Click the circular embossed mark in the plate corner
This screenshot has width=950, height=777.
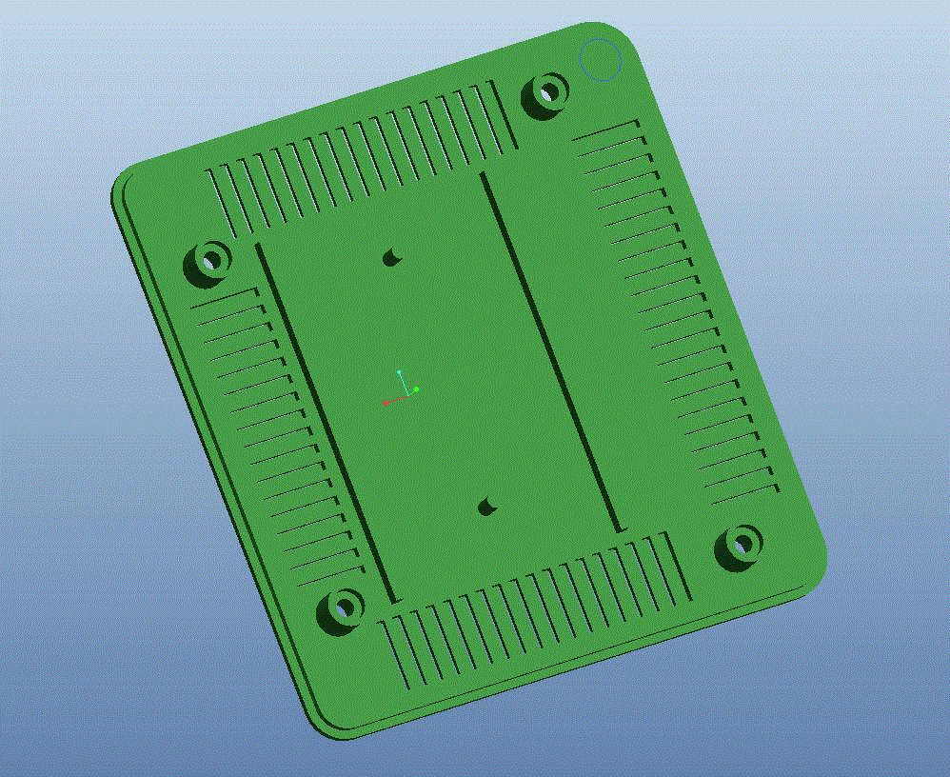tap(601, 60)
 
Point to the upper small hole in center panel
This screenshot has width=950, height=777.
tap(391, 256)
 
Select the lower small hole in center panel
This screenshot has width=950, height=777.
tap(487, 506)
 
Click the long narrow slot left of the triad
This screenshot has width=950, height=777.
tap(326, 423)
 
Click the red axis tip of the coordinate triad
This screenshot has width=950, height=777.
tap(385, 403)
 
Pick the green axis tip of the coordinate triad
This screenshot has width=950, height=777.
tap(416, 389)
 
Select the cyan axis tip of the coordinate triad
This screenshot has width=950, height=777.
tap(400, 371)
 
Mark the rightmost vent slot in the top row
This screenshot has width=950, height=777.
tap(504, 116)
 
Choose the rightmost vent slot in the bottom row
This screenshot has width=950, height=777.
tap(676, 569)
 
